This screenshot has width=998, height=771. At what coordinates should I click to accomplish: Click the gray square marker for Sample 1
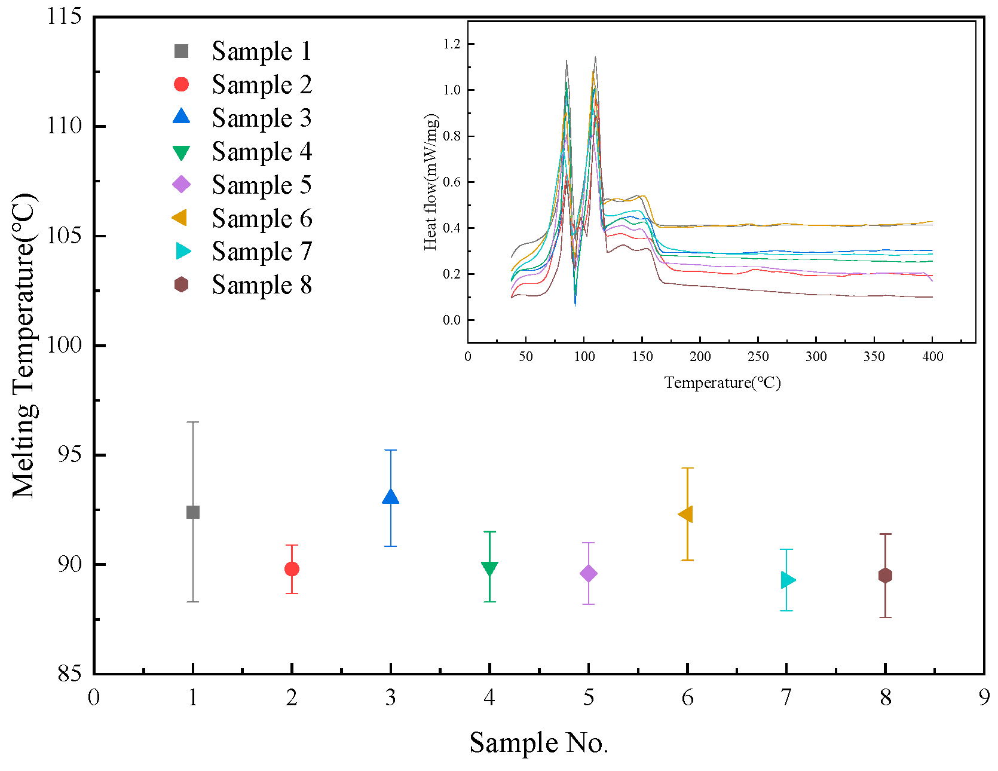(192, 512)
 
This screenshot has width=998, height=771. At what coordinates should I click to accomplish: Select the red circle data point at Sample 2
(292, 569)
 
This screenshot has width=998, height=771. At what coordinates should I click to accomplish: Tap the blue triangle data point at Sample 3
(390, 497)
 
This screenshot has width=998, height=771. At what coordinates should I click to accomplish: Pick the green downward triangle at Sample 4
(489, 568)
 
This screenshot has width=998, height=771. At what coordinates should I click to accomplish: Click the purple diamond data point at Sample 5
(589, 574)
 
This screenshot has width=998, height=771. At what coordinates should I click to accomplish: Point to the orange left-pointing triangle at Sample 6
(686, 514)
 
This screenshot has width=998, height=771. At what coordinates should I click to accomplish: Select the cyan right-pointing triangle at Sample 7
(788, 580)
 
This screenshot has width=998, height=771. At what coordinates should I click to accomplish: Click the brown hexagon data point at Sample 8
(885, 576)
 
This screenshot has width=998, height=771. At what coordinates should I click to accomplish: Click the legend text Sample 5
(261, 185)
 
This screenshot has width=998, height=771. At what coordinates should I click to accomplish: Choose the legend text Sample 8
(261, 285)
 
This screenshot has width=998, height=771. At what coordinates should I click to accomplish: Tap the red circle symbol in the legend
(181, 84)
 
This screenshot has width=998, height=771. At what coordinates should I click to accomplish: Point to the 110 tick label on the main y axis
(64, 126)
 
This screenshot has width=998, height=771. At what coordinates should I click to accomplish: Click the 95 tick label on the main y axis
(69, 455)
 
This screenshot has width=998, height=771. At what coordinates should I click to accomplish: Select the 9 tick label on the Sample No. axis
(984, 697)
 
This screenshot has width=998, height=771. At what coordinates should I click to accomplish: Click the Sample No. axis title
(538, 743)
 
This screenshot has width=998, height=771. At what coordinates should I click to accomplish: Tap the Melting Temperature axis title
(25, 345)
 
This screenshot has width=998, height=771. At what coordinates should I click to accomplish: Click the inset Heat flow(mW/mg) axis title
(431, 182)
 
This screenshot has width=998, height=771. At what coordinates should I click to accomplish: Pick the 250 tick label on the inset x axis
(758, 357)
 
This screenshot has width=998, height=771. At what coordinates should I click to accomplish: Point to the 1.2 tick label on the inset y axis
(452, 44)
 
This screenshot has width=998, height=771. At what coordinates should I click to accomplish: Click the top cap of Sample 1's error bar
(192, 422)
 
